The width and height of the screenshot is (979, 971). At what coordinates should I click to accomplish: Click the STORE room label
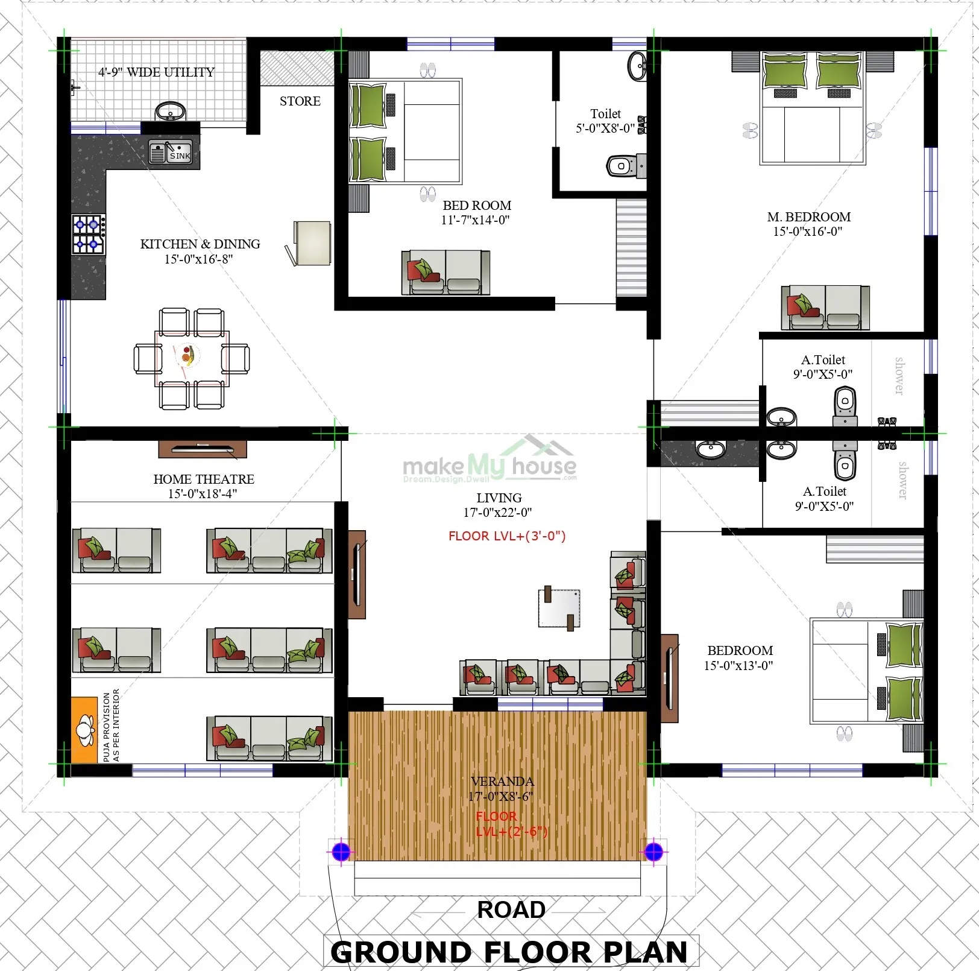pos(300,101)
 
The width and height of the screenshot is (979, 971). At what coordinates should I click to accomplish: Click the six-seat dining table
pos(192,358)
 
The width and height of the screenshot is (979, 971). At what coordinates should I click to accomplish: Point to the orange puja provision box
pos(84,730)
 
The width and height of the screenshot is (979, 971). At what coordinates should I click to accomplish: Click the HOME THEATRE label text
pos(204,479)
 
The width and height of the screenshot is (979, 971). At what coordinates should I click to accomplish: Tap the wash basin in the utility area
pos(171,112)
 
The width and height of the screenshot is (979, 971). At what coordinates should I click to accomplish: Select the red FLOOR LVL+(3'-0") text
pos(506,536)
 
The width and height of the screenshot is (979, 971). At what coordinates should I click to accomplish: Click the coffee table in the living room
pos(559,609)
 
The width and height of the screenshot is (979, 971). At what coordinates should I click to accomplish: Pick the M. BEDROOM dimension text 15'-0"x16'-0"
pos(807,232)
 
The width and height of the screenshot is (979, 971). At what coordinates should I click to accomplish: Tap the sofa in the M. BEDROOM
pos(825,308)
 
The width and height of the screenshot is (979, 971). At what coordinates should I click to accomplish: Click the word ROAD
pos(511,909)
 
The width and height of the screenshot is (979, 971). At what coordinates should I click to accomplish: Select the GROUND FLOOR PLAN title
pos(509,952)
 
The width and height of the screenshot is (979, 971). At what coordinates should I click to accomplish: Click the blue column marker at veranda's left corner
pos(341,852)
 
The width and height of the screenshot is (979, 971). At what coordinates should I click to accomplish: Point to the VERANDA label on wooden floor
pos(502,782)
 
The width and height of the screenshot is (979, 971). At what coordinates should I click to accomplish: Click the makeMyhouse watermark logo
pos(489,464)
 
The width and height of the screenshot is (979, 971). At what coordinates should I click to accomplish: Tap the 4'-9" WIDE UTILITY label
pos(156,72)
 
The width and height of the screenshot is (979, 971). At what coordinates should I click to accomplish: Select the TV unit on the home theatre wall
pos(203,449)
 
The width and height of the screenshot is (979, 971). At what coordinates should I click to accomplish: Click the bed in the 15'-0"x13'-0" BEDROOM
pos(866,671)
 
